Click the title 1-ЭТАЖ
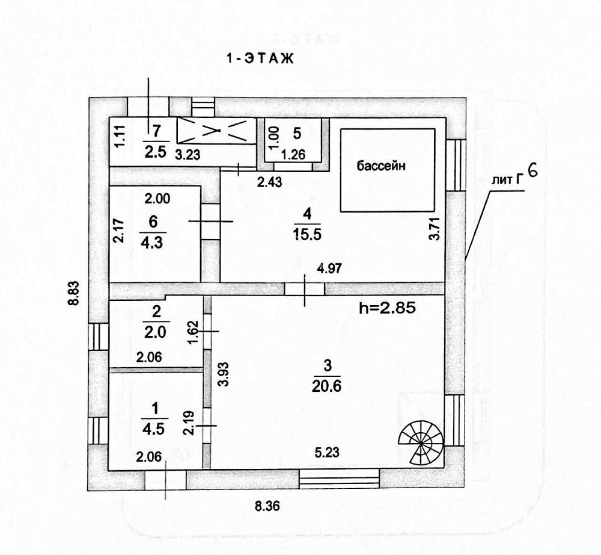(x=260, y=58)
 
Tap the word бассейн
(x=380, y=166)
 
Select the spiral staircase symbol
(x=421, y=442)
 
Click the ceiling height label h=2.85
(x=388, y=308)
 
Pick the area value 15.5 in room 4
(x=307, y=234)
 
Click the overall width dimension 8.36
(x=267, y=506)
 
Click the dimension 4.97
(x=329, y=268)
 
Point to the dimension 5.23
(x=327, y=452)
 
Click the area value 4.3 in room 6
(x=152, y=243)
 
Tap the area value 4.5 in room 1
(x=153, y=429)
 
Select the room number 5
(x=297, y=133)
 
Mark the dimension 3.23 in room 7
(x=188, y=155)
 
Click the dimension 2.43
(x=269, y=182)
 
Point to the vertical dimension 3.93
(x=224, y=374)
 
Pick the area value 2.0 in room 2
(x=155, y=332)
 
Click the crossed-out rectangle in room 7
(x=216, y=131)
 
